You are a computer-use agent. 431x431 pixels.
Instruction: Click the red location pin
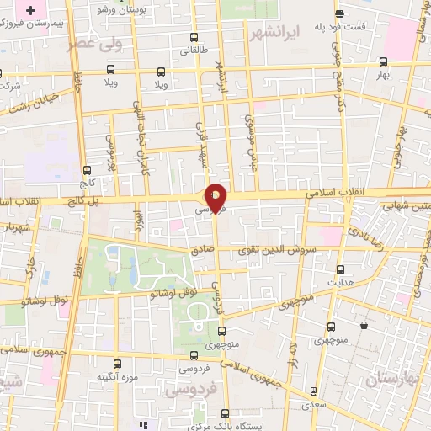(216, 198)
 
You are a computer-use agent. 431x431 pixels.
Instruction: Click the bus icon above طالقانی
(194, 38)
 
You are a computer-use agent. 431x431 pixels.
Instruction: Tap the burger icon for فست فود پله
(338, 13)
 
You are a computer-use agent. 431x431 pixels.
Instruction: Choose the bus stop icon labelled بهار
(383, 61)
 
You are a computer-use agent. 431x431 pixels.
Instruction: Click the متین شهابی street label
(406, 205)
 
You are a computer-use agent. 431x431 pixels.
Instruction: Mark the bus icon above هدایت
(340, 271)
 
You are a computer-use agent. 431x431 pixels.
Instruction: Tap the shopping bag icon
(364, 325)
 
